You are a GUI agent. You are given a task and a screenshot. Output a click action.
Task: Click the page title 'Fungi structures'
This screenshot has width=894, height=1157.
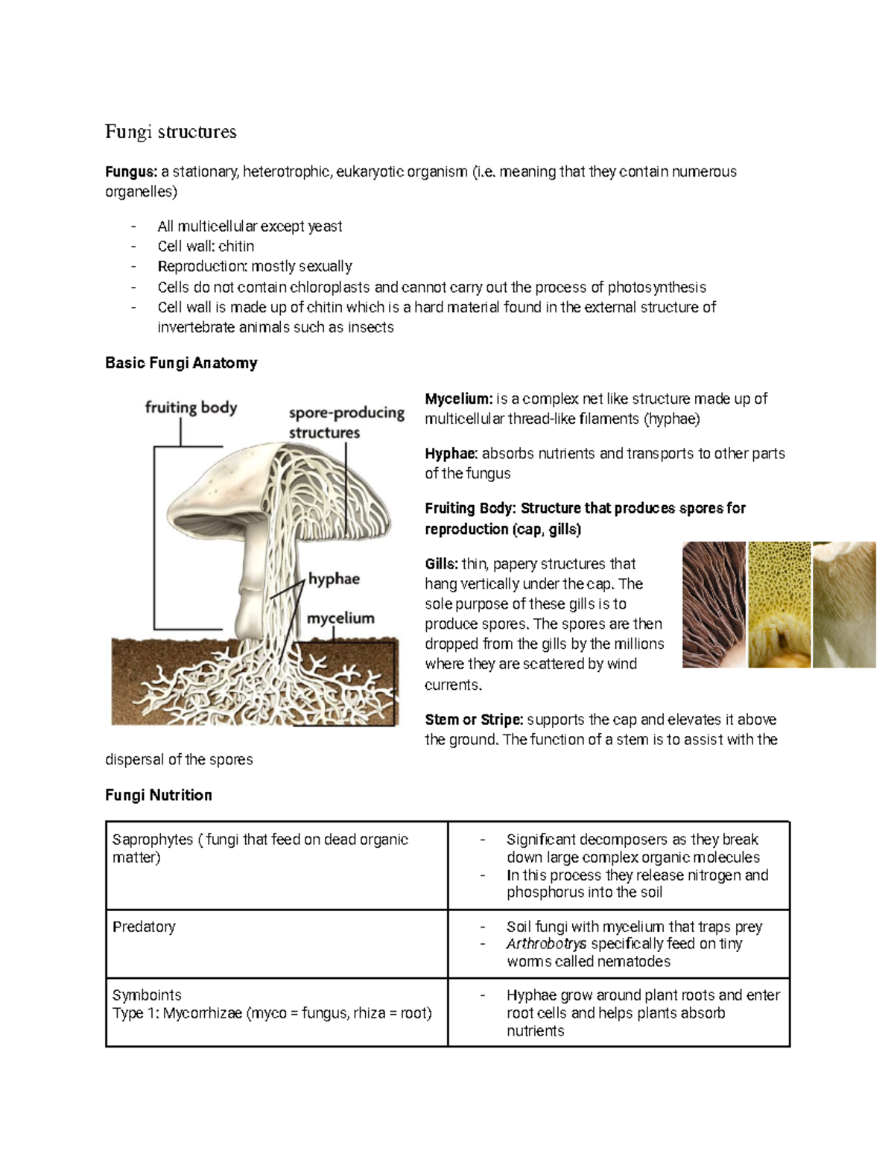point(171,132)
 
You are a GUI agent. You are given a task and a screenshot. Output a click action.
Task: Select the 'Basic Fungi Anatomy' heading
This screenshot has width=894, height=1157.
point(181,363)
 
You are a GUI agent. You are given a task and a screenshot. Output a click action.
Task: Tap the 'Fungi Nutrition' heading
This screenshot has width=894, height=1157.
point(158,795)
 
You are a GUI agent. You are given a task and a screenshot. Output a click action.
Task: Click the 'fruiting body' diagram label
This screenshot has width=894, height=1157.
point(191,408)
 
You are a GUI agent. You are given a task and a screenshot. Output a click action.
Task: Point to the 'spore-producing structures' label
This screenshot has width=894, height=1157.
point(346,422)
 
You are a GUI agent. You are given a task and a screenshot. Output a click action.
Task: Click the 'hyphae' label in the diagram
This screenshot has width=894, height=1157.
point(334,579)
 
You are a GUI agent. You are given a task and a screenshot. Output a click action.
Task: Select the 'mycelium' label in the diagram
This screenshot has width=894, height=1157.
point(340,618)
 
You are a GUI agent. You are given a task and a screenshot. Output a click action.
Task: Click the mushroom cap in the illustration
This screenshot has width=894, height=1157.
point(223,477)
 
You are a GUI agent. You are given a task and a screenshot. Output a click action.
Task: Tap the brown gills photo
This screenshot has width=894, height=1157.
point(714,604)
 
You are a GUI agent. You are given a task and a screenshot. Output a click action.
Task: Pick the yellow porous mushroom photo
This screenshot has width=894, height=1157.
point(779,604)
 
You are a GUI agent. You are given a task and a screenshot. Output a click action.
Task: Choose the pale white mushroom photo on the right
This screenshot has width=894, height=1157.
point(844,604)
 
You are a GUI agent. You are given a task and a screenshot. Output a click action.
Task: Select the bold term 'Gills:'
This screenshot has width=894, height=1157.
point(441,564)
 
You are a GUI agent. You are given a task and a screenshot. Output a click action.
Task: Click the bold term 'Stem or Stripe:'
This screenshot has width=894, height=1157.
point(474,720)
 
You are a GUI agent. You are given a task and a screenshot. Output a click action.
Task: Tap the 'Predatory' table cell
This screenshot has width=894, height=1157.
point(144,927)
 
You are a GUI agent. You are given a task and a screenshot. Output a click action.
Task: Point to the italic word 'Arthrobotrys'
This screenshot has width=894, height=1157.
point(546,944)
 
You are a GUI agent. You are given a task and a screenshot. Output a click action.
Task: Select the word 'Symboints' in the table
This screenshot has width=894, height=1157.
point(147,995)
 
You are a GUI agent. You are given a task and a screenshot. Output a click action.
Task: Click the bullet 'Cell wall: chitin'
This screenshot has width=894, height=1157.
point(206,247)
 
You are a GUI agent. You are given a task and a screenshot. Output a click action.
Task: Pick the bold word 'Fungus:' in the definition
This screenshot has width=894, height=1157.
point(131,172)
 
